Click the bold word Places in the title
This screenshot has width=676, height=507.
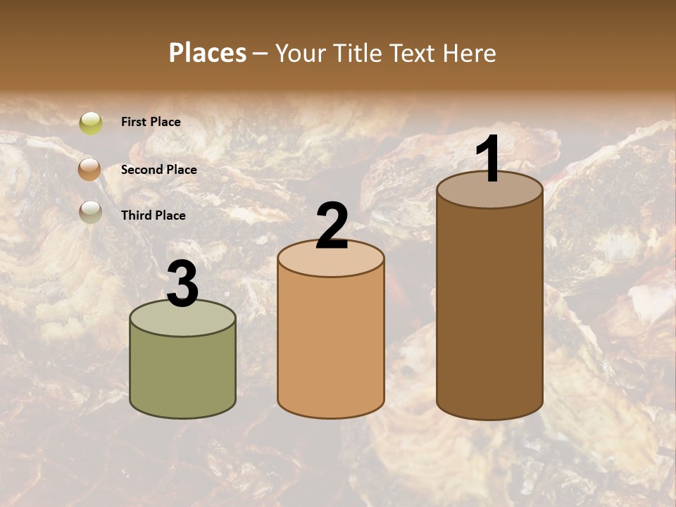tap(208, 53)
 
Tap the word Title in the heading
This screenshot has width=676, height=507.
tap(358, 53)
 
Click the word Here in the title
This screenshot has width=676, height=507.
tap(470, 53)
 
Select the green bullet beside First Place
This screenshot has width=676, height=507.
tap(90, 123)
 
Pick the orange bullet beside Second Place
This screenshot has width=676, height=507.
tap(90, 169)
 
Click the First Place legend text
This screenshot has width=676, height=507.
tap(151, 122)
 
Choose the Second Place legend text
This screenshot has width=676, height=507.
tap(158, 170)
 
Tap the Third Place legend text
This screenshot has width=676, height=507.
tap(153, 215)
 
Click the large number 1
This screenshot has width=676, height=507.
tap(489, 161)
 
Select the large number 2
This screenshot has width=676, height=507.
tap(332, 226)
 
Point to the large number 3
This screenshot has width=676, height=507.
tap(182, 284)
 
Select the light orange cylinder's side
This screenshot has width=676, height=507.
tap(331, 345)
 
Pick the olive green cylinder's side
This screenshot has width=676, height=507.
tap(182, 373)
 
